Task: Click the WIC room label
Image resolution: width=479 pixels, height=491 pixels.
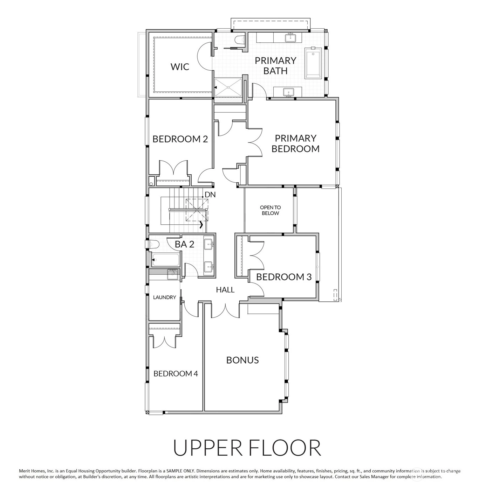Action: tap(180, 67)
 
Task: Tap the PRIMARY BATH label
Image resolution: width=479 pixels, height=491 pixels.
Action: tap(275, 65)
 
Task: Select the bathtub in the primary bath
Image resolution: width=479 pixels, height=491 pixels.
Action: tap(313, 63)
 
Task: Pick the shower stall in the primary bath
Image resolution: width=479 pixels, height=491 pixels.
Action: tap(228, 87)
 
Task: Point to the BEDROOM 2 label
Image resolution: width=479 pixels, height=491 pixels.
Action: tap(180, 139)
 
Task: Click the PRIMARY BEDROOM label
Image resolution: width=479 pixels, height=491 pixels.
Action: tap(295, 143)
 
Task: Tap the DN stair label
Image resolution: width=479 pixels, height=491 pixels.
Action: tap(210, 195)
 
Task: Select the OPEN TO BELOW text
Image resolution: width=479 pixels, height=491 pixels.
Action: tap(270, 210)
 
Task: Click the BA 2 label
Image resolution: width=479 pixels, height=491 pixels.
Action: tap(184, 244)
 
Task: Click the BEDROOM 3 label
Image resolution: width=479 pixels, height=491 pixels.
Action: tap(284, 277)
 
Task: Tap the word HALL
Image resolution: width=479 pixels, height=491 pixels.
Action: tap(225, 290)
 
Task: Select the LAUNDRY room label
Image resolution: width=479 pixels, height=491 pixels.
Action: tap(164, 297)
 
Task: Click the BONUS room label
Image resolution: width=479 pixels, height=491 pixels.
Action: tap(242, 360)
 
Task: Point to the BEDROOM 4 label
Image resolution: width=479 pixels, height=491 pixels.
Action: tap(176, 373)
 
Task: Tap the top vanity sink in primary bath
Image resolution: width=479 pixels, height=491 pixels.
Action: tap(291, 38)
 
